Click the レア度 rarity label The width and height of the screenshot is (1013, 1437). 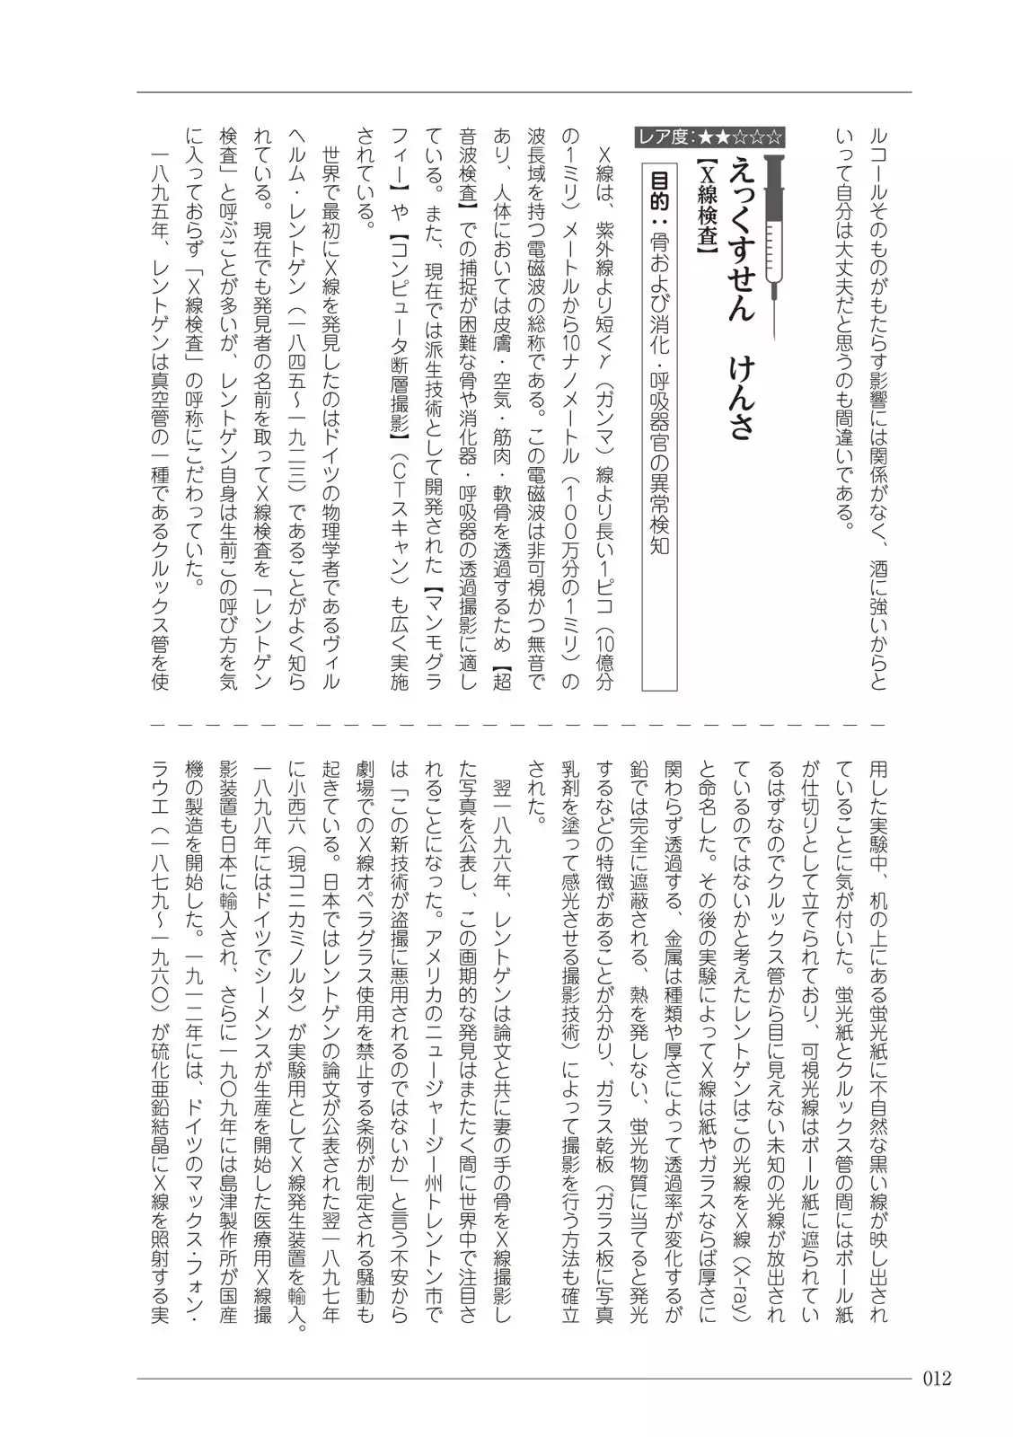click(666, 137)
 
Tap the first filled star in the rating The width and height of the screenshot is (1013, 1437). click(706, 137)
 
